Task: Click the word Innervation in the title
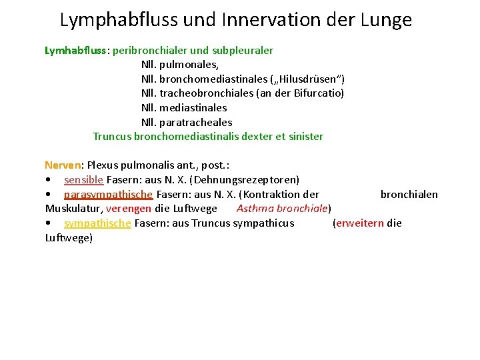click(258, 20)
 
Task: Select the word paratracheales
click(196, 122)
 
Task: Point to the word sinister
click(306, 137)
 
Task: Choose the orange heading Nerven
click(62, 165)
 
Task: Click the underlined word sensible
click(83, 180)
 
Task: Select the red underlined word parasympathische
click(109, 195)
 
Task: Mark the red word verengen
click(129, 209)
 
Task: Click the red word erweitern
click(359, 223)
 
